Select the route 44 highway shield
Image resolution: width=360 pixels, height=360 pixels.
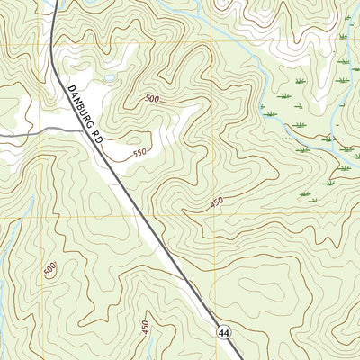click(x=223, y=333)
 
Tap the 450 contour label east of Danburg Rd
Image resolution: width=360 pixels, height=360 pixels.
click(x=216, y=203)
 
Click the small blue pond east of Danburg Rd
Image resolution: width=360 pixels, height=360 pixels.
click(x=109, y=79)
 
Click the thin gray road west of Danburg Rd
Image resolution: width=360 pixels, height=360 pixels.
click(x=36, y=133)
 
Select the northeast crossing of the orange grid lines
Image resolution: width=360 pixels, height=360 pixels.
click(x=212, y=40)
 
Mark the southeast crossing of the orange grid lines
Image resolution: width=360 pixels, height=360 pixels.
click(x=212, y=218)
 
